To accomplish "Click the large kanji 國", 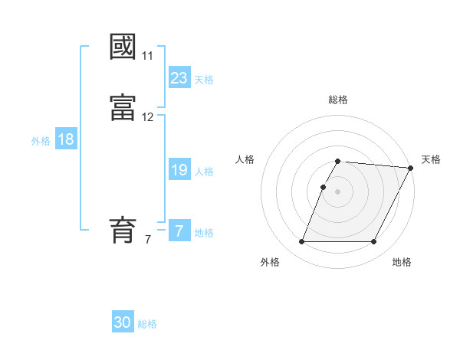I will [123, 47].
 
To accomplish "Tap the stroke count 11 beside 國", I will [147, 56].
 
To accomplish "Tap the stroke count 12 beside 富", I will [147, 117].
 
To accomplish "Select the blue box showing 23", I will [179, 78].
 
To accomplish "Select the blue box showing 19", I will [179, 170].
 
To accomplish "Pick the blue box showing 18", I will [65, 139].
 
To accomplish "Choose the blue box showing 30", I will [123, 322].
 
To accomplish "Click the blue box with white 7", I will [179, 231].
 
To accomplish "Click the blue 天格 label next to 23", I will [203, 80].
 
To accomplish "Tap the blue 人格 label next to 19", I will [203, 172].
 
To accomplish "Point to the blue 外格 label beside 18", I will [41, 141].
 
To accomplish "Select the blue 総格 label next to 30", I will [147, 324].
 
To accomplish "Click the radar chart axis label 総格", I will [338, 100].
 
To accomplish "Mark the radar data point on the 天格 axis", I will [410, 168].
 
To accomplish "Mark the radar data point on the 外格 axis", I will [301, 242].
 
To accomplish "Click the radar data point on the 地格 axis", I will [374, 242].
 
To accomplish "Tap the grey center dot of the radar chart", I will [338, 191].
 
